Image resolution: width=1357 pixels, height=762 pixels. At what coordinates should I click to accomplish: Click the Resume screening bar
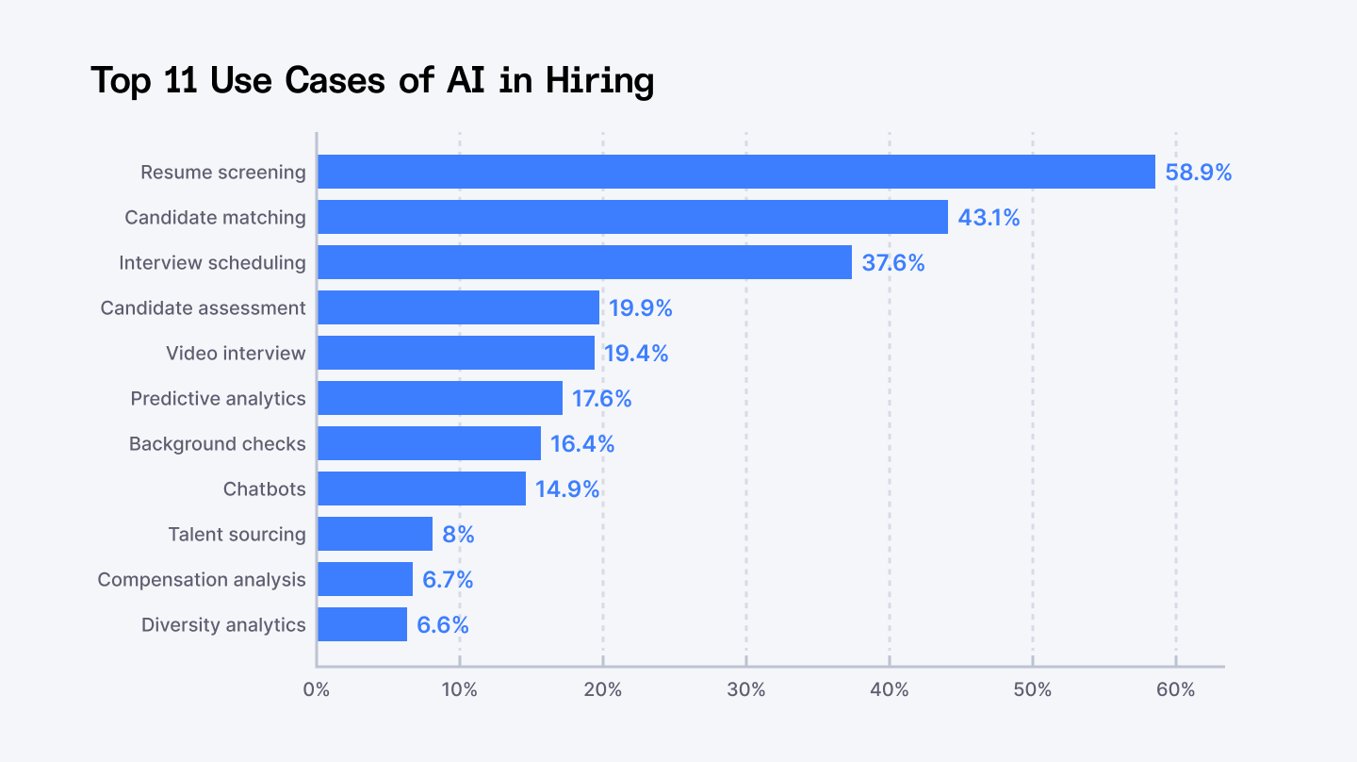pyautogui.click(x=735, y=172)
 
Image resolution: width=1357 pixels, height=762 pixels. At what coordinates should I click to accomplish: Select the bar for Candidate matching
pyautogui.click(x=631, y=217)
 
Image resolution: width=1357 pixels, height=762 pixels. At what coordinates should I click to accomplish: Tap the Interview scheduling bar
pyautogui.click(x=584, y=262)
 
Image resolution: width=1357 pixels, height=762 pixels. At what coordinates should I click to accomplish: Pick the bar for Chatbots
pyautogui.click(x=421, y=489)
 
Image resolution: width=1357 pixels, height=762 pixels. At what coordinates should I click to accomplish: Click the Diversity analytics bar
pyautogui.click(x=362, y=624)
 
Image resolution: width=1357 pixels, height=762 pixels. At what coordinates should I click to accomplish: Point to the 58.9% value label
pyautogui.click(x=1198, y=173)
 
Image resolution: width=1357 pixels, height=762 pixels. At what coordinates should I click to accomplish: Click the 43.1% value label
pyautogui.click(x=989, y=218)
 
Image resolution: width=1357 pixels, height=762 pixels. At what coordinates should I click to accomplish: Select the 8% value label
pyautogui.click(x=458, y=535)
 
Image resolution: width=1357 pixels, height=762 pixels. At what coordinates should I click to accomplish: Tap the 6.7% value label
pyautogui.click(x=448, y=580)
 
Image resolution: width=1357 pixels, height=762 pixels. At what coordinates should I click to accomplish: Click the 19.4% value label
pyautogui.click(x=636, y=354)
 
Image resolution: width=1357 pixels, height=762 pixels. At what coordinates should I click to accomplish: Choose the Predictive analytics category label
pyautogui.click(x=218, y=399)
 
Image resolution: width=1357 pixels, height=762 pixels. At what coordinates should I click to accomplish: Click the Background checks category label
pyautogui.click(x=217, y=444)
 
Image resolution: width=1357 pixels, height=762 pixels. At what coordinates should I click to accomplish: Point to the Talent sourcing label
pyautogui.click(x=237, y=535)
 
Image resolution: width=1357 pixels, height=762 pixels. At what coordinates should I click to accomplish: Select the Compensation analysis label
pyautogui.click(x=202, y=580)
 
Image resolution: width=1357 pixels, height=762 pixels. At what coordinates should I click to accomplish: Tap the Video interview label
pyautogui.click(x=236, y=354)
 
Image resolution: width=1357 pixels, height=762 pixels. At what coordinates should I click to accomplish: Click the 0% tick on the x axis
pyautogui.click(x=317, y=690)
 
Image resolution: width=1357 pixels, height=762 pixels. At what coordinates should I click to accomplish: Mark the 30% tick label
pyautogui.click(x=746, y=690)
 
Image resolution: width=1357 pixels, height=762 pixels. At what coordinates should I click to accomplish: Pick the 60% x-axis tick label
pyautogui.click(x=1175, y=690)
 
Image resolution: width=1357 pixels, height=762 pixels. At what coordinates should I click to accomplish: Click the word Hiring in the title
pyautogui.click(x=599, y=82)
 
